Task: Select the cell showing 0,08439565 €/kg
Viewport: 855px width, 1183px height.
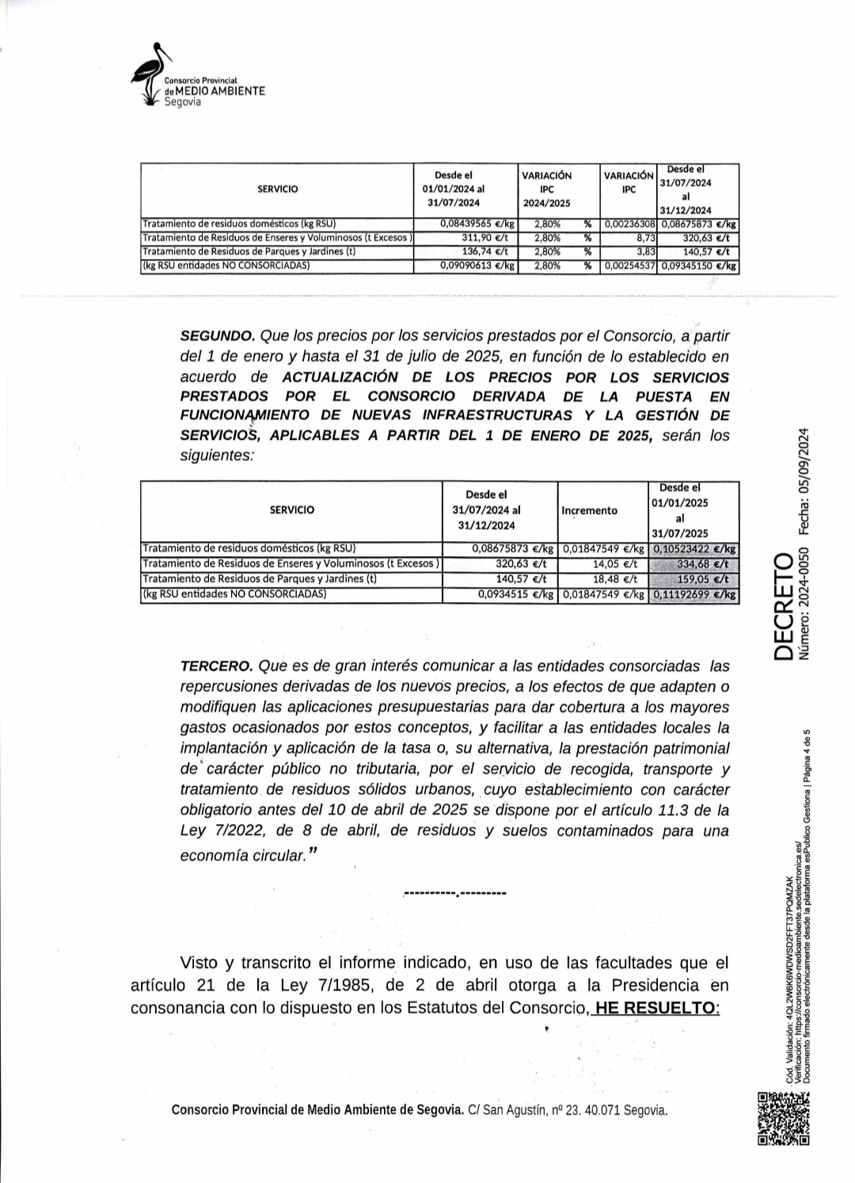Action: (477, 224)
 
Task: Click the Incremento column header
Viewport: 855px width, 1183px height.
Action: (589, 510)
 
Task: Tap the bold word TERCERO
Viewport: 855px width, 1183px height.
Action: (216, 666)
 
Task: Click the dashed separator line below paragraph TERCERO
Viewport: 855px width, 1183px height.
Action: (454, 894)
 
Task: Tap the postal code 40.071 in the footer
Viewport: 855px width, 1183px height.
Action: (602, 1110)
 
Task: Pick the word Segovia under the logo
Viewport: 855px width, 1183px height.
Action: (182, 102)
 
